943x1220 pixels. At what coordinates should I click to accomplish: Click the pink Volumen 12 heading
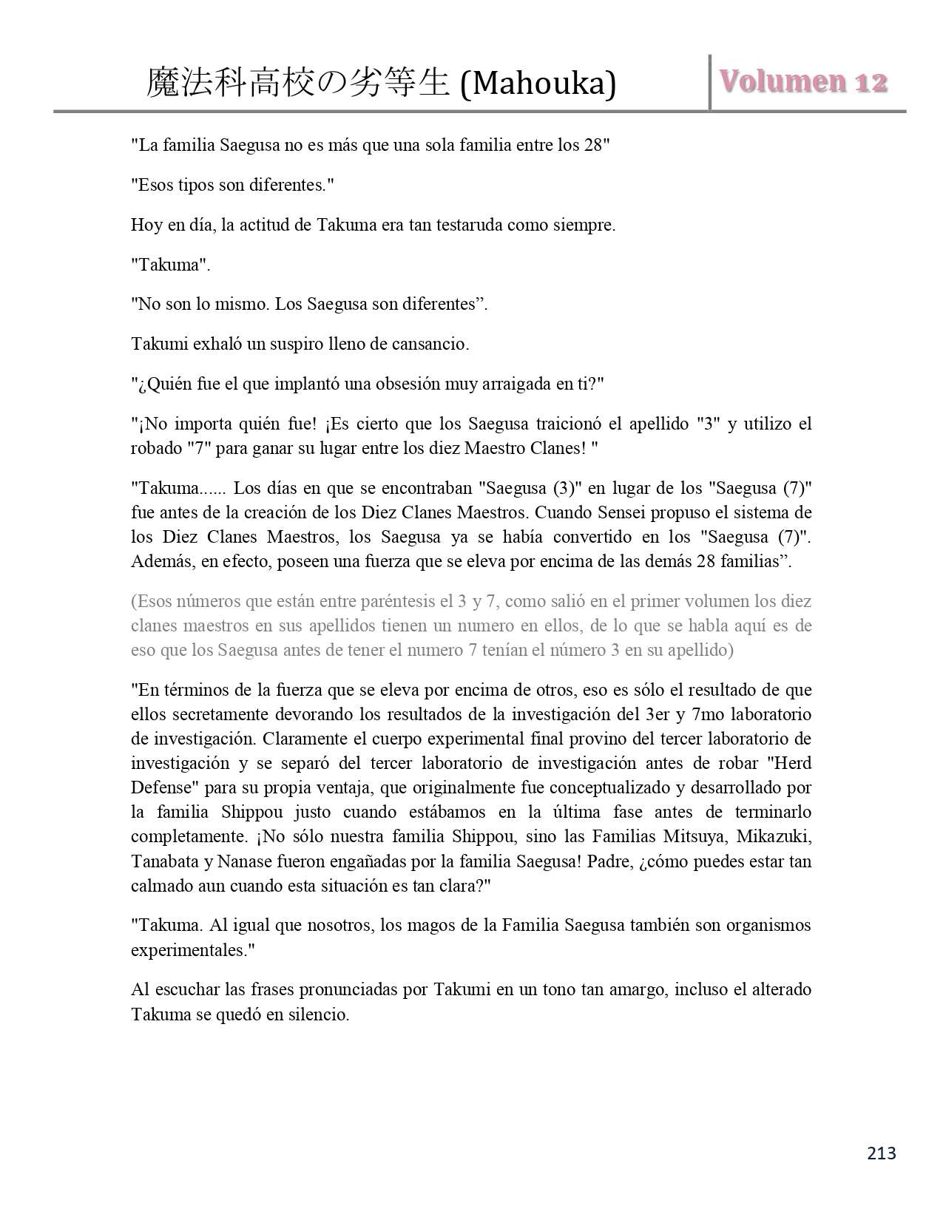[x=804, y=81]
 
